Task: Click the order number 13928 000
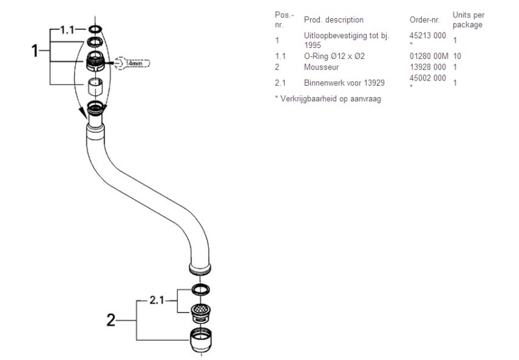428,67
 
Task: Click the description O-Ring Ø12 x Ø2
333,56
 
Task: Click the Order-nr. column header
424,19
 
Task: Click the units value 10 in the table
457,56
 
